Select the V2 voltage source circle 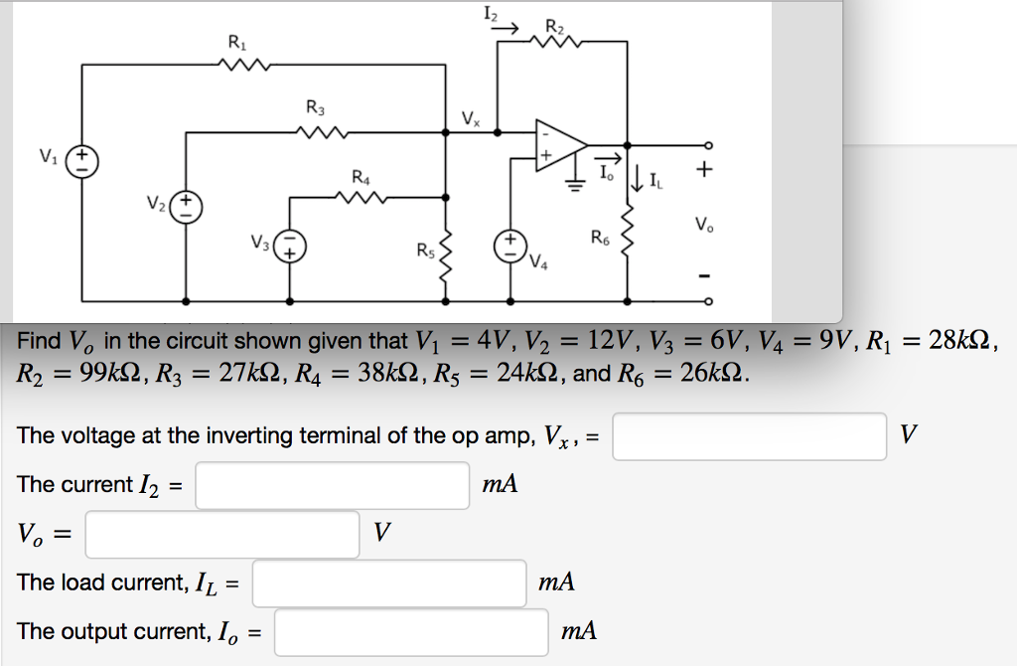pyautogui.click(x=186, y=208)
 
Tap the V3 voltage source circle pyautogui.click(x=290, y=244)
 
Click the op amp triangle pyautogui.click(x=558, y=143)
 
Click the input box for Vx pyautogui.click(x=749, y=436)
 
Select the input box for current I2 pyautogui.click(x=333, y=485)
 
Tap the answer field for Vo pyautogui.click(x=221, y=534)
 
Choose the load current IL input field pyautogui.click(x=388, y=583)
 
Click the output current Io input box pyautogui.click(x=411, y=631)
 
